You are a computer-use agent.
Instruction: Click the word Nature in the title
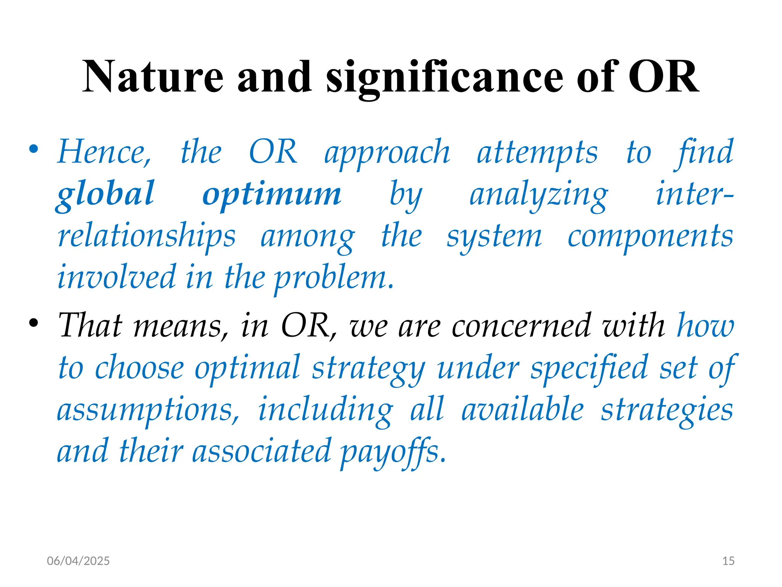coord(153,77)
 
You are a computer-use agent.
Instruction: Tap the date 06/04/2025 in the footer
coord(78,561)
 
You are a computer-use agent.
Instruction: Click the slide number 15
coord(728,561)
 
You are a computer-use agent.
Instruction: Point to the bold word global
coord(105,194)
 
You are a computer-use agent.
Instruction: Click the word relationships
coord(147,236)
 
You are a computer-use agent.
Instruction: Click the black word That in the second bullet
coord(90,326)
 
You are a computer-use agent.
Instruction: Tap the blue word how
coord(705,326)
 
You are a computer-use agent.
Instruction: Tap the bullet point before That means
coord(34,323)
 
